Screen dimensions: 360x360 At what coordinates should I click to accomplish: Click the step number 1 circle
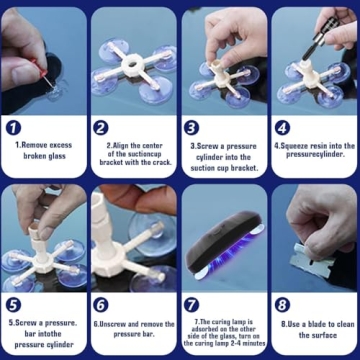pos(14,128)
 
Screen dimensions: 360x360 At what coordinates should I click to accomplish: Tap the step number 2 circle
pos(101,128)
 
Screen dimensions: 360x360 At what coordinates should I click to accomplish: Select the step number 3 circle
pos(192,128)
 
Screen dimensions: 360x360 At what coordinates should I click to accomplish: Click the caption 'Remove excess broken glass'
pos(45,150)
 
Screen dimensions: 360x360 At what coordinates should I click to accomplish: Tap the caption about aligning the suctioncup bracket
pos(135,155)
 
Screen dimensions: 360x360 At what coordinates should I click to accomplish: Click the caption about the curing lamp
pos(224,335)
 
